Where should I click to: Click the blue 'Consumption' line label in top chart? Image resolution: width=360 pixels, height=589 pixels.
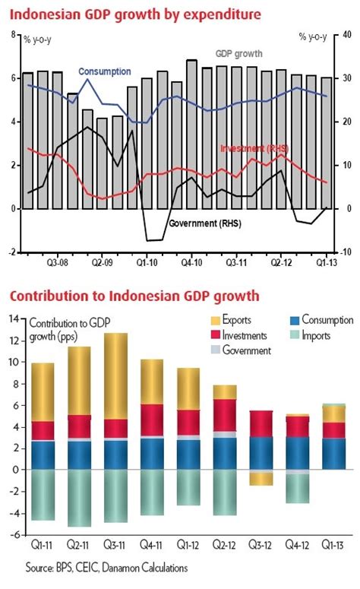click(104, 71)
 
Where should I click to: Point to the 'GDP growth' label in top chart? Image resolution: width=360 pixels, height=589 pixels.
click(239, 54)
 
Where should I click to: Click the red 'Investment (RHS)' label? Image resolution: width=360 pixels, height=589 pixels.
click(254, 147)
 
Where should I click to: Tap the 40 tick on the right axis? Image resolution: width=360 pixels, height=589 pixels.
click(347, 35)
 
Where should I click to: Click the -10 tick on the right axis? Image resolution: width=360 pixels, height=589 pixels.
click(346, 252)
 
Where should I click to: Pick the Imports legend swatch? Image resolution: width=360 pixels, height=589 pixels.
click(292, 335)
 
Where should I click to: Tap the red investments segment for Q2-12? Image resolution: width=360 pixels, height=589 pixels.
click(223, 415)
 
